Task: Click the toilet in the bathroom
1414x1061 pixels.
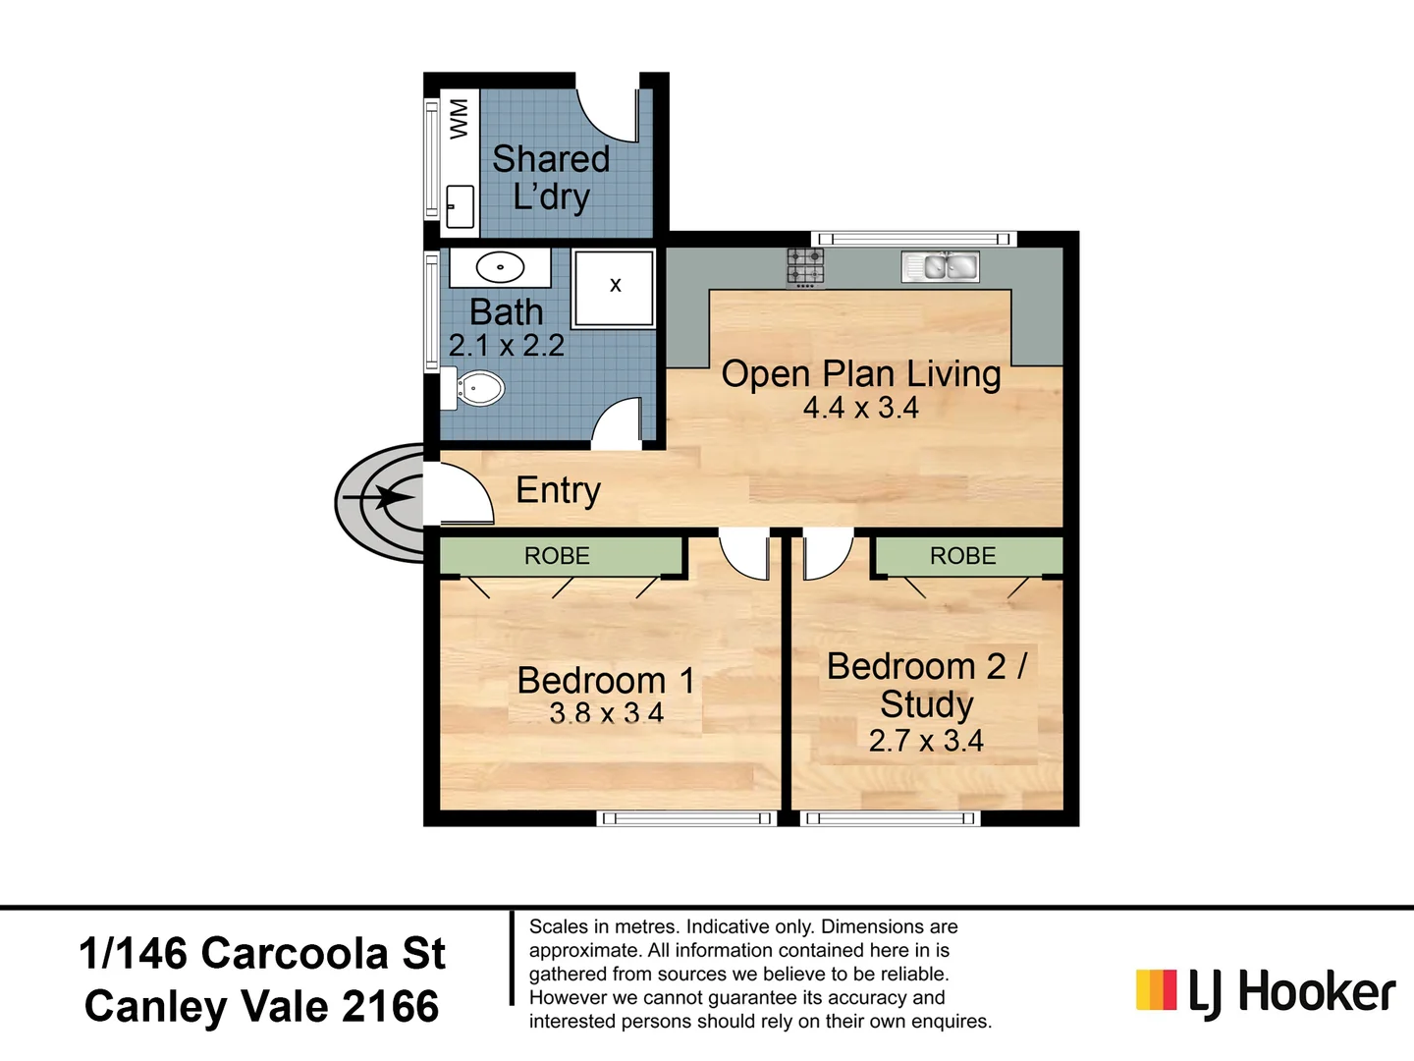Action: tap(477, 388)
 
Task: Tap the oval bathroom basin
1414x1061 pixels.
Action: tap(500, 267)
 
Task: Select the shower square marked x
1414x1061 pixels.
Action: tap(615, 287)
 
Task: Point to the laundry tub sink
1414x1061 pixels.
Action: tap(460, 206)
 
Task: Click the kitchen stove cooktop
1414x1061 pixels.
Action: tap(805, 267)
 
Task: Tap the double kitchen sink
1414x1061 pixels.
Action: tap(940, 266)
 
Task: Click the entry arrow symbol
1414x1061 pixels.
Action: tap(388, 498)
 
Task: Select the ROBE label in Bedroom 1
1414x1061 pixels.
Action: tap(557, 556)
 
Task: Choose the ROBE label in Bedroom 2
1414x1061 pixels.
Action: tap(962, 556)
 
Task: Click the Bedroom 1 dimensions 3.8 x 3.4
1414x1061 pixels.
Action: tap(606, 713)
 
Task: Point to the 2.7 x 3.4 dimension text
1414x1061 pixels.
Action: tap(925, 741)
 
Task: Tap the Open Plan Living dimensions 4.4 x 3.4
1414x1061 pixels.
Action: tap(860, 408)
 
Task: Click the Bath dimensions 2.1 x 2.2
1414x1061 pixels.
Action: tap(506, 346)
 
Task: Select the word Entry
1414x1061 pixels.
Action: tap(558, 490)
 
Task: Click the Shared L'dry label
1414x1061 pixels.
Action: tap(551, 178)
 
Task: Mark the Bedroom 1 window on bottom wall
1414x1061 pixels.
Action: tap(686, 818)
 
